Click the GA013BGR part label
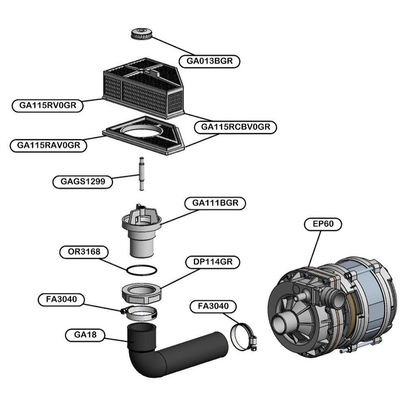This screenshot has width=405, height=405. [x=209, y=60]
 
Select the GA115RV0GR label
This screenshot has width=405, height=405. [x=48, y=105]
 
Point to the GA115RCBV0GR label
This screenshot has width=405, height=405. [x=236, y=127]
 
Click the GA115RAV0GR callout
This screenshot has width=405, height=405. [x=49, y=145]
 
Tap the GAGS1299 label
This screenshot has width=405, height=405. [x=83, y=181]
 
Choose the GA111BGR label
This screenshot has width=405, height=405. [x=216, y=203]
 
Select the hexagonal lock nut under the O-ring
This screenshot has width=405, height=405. [x=142, y=292]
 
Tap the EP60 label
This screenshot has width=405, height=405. [x=323, y=224]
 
